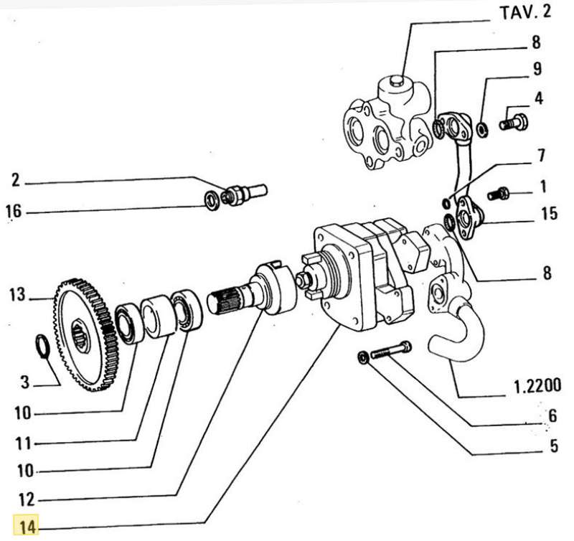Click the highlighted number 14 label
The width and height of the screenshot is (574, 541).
pos(28,527)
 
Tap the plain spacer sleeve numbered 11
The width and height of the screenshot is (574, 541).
pos(157,316)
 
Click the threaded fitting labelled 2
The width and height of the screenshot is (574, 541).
pos(244,192)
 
